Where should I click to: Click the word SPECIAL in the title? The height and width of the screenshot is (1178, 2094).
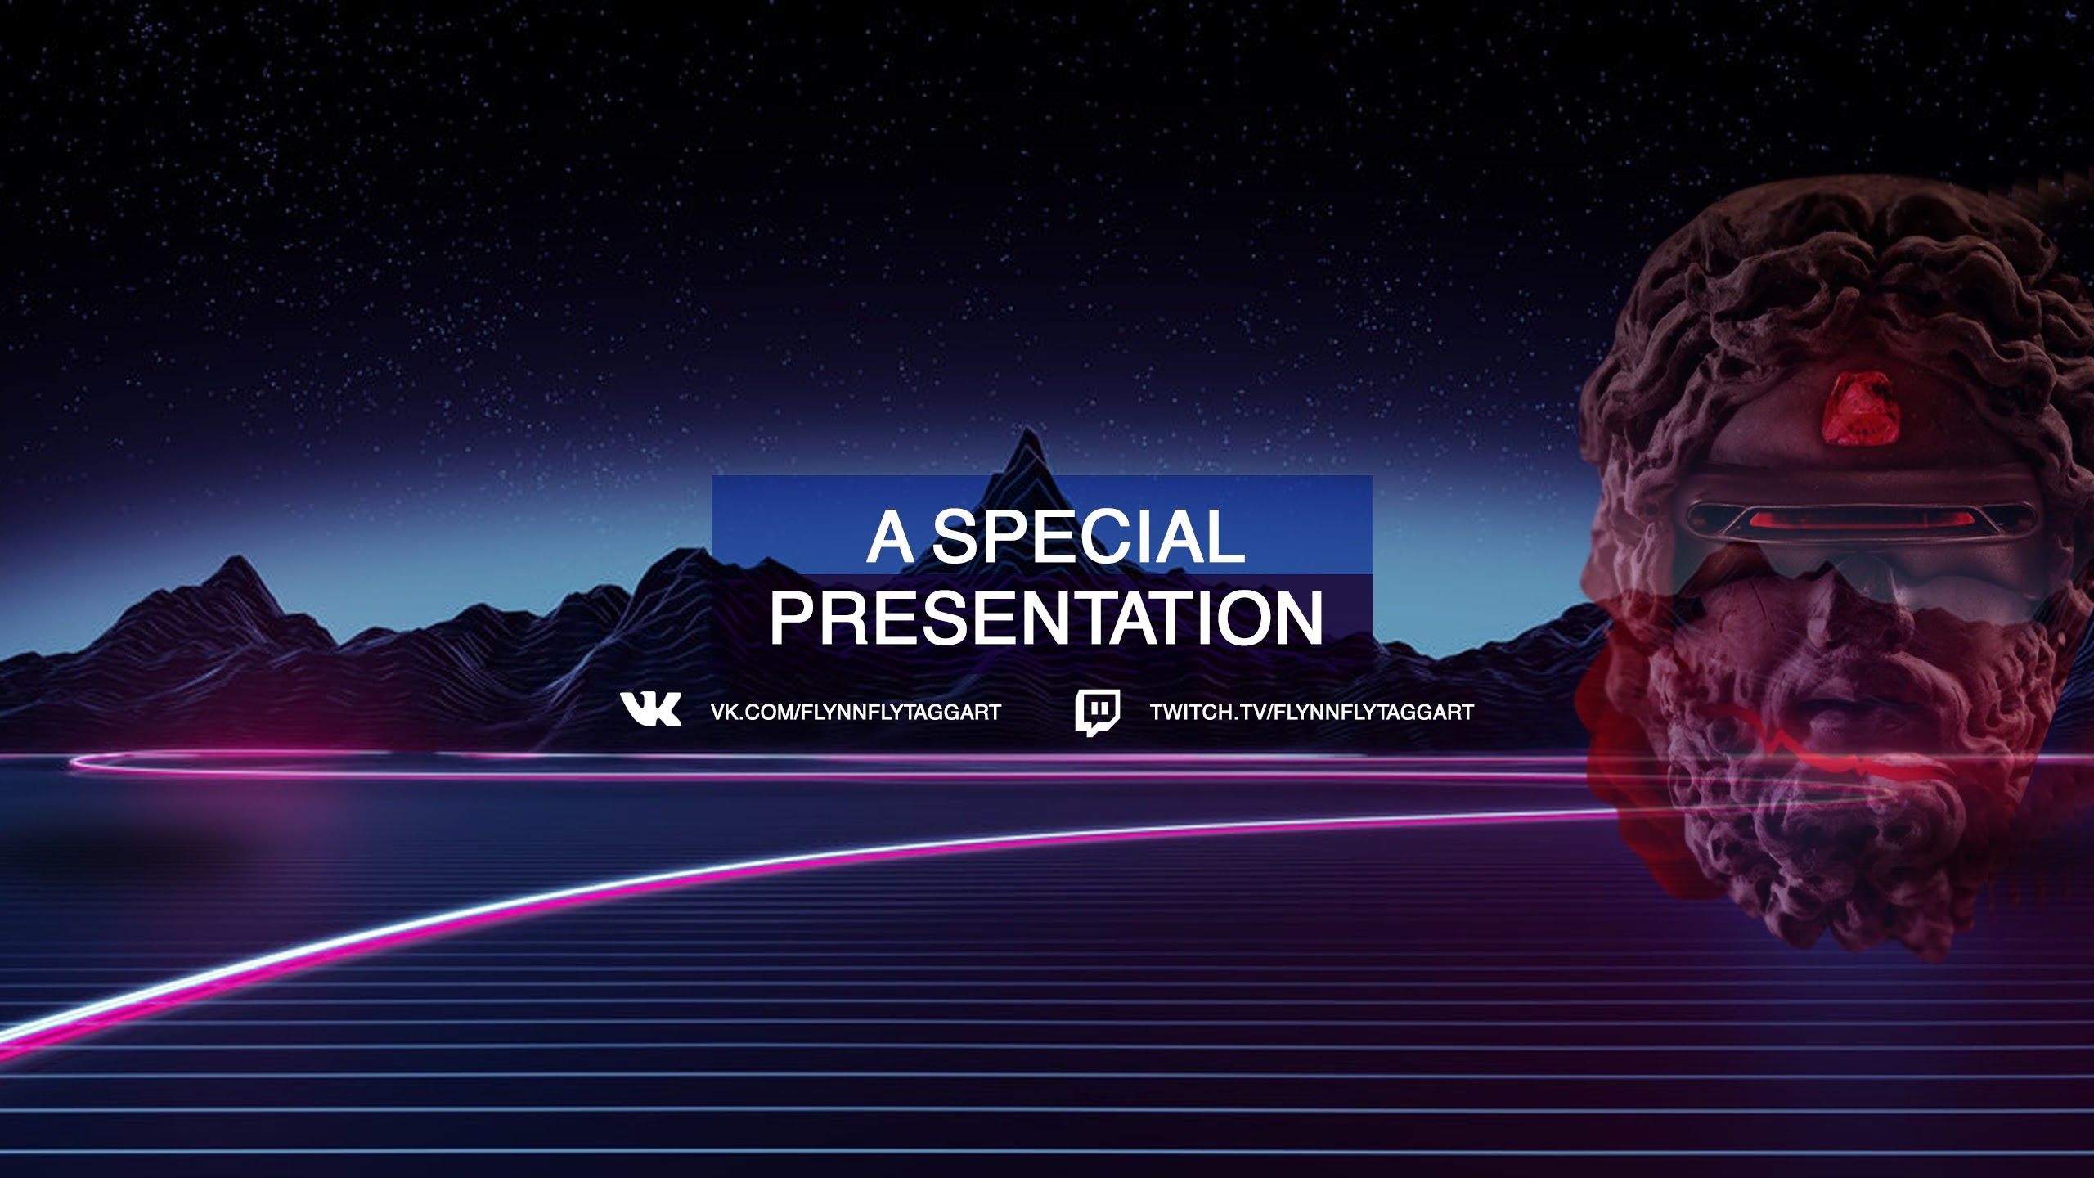click(1089, 537)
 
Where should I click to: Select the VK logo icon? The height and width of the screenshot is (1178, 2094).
click(650, 709)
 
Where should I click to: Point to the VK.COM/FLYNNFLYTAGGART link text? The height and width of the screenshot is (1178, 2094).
click(856, 713)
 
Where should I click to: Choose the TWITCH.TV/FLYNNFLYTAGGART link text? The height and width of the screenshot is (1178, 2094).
click(1312, 713)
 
